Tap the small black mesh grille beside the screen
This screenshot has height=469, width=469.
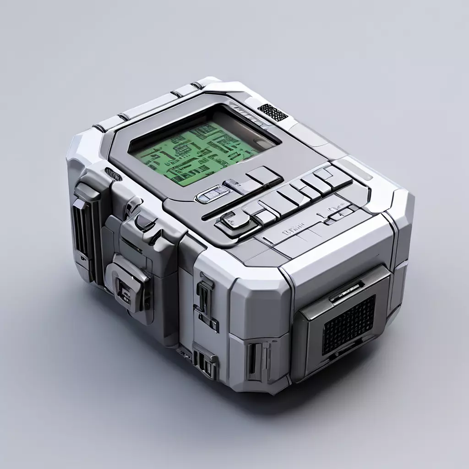click(273, 112)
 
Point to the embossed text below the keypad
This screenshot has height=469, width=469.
click(294, 226)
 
